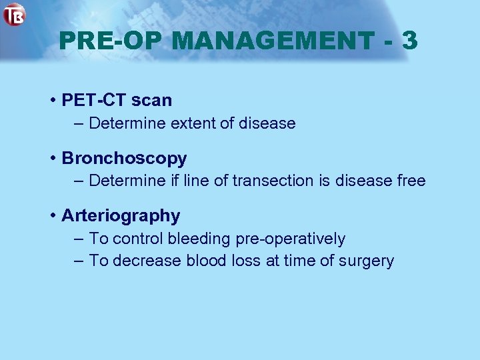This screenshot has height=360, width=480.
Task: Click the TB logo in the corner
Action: pyautogui.click(x=14, y=14)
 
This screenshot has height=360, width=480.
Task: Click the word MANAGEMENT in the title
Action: pyautogui.click(x=273, y=41)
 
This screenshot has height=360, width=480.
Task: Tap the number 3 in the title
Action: pyautogui.click(x=409, y=41)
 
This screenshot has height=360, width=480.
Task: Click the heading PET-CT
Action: pyautogui.click(x=94, y=101)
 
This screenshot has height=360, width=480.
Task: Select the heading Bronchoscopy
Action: pyautogui.click(x=124, y=159)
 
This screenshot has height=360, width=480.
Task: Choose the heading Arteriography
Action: pyautogui.click(x=121, y=216)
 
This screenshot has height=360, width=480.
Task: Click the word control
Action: pyautogui.click(x=139, y=239)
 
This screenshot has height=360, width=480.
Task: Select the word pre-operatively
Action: pyautogui.click(x=291, y=239)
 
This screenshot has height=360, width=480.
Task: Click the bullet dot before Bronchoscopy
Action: pyautogui.click(x=52, y=159)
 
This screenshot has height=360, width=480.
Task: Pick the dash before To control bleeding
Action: pyautogui.click(x=78, y=239)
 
